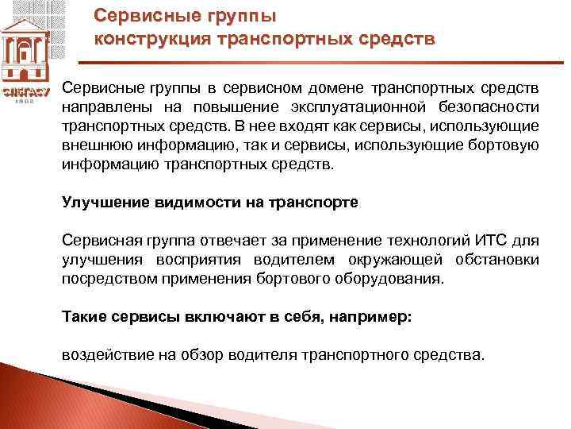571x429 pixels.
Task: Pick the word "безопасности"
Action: click(x=489, y=106)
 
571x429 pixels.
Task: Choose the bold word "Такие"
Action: click(x=83, y=316)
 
